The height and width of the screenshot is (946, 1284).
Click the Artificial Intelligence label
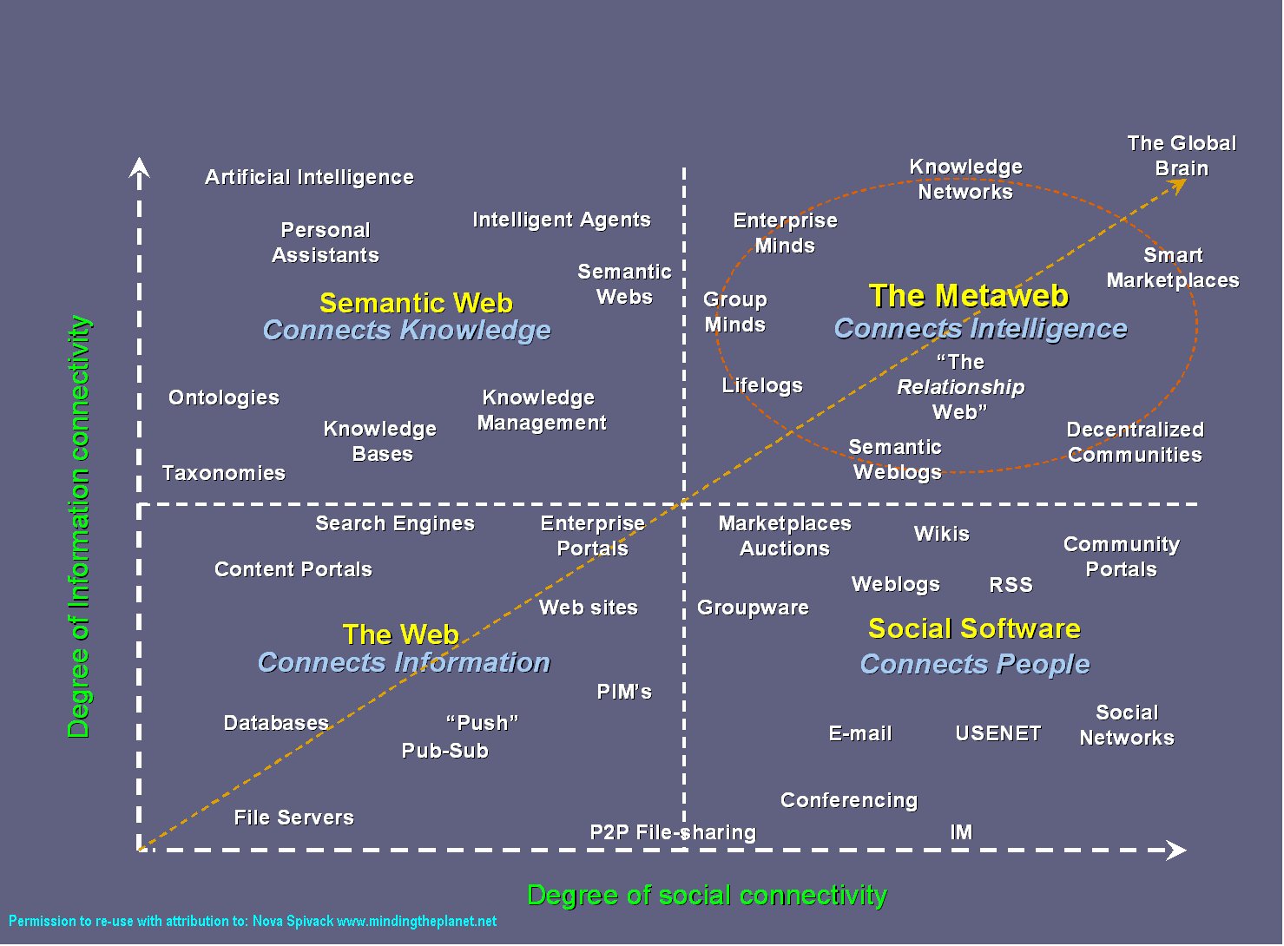tap(310, 177)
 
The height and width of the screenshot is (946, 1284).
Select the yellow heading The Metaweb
tap(969, 296)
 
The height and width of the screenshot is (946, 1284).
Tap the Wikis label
tap(942, 534)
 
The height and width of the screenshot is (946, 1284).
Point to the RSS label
tap(1011, 584)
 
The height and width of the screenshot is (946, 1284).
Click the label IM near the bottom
tap(961, 832)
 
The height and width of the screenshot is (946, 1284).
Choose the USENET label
tap(998, 733)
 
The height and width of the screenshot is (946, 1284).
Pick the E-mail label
tap(860, 733)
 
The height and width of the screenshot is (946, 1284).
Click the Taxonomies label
tap(224, 473)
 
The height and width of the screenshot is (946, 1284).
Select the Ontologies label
tap(224, 397)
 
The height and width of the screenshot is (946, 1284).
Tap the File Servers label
tap(294, 818)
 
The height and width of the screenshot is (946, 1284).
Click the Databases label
tap(276, 723)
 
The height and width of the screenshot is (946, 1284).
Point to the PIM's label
tap(624, 692)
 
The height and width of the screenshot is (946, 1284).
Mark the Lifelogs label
tap(762, 385)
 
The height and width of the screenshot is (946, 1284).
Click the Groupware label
tap(754, 608)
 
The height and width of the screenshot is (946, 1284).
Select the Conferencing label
tap(849, 800)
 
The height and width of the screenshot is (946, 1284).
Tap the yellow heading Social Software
tap(974, 628)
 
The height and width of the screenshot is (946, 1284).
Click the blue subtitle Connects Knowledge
tap(407, 330)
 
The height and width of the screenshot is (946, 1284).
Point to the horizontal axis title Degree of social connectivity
tap(707, 895)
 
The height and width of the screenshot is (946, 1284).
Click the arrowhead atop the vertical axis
tap(139, 168)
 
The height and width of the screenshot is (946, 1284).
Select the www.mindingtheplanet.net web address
tap(417, 921)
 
